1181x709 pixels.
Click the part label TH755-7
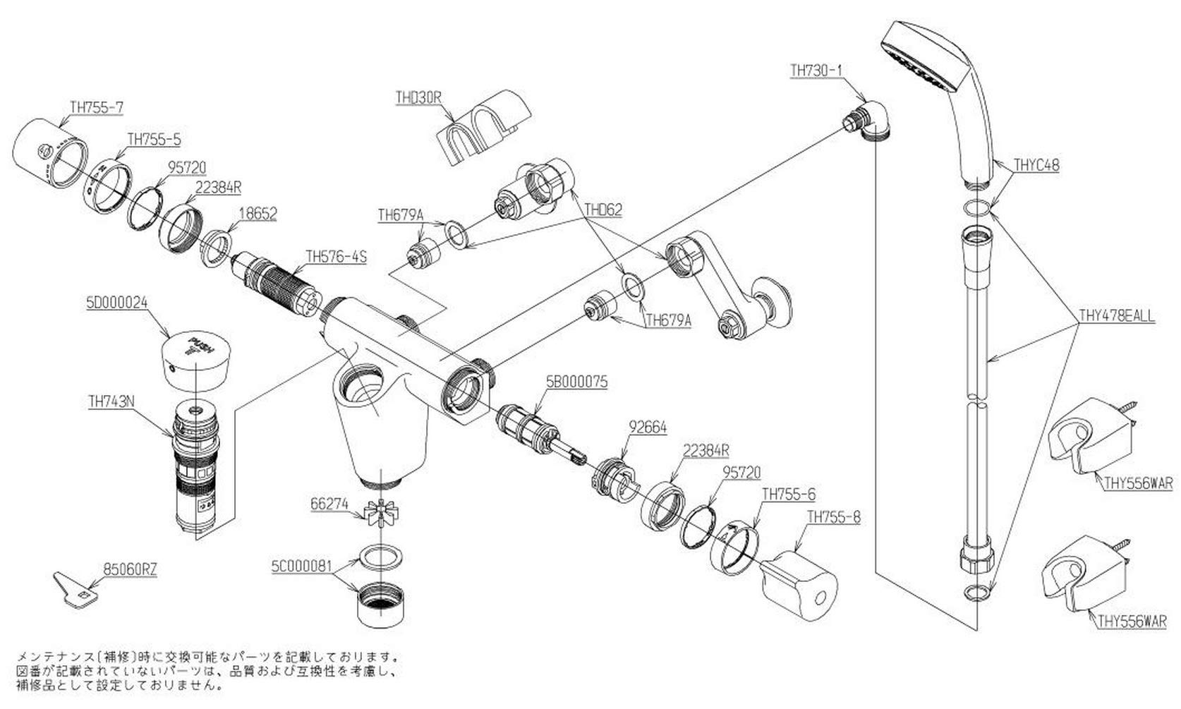click(x=97, y=107)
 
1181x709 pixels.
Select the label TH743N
click(x=111, y=403)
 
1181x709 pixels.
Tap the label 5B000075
click(x=576, y=382)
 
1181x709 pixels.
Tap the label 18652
click(x=258, y=213)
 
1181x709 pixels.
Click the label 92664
click(x=647, y=428)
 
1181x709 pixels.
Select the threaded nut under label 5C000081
click(x=380, y=604)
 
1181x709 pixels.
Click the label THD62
click(x=603, y=210)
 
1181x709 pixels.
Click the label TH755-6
click(x=788, y=495)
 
